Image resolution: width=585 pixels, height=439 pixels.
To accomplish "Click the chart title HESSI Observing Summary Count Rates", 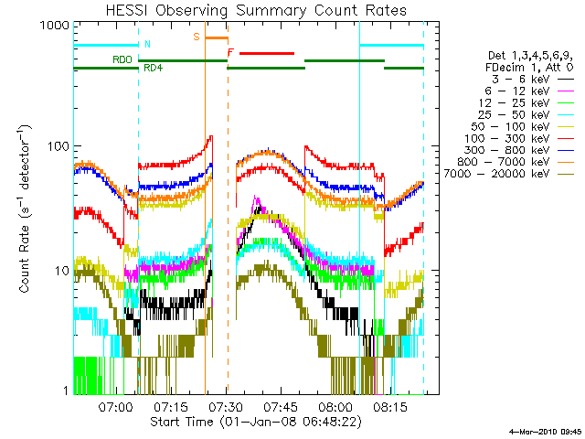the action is tap(256, 10).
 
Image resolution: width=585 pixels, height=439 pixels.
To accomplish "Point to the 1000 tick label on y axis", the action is tap(55, 26).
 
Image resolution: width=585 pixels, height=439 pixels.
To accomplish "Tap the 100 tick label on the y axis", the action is tap(58, 146).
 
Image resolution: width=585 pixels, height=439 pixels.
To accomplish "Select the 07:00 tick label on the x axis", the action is tap(115, 406).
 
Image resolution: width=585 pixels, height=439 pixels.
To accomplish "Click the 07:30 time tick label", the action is tap(226, 406).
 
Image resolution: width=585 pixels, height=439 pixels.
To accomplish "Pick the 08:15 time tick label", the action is tap(390, 406).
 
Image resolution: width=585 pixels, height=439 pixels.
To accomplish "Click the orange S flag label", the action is tap(197, 37).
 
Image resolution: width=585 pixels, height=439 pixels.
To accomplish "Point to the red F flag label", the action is tap(230, 53).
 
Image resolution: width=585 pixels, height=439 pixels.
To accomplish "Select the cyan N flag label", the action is tap(147, 44).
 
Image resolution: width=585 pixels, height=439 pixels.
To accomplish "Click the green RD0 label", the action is tap(122, 59).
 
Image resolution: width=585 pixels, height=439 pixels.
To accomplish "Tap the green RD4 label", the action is tap(154, 68).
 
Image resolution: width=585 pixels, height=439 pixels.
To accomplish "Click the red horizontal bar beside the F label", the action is tap(267, 53).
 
